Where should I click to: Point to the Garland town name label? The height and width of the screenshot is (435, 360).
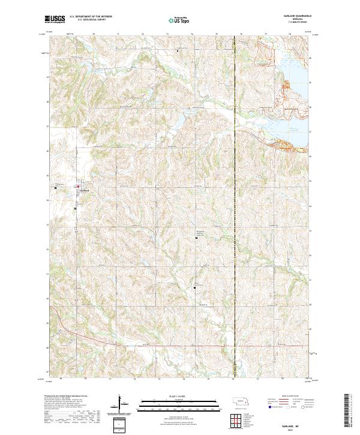tap(85, 190)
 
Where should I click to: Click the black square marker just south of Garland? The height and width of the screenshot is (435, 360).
tap(76, 208)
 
